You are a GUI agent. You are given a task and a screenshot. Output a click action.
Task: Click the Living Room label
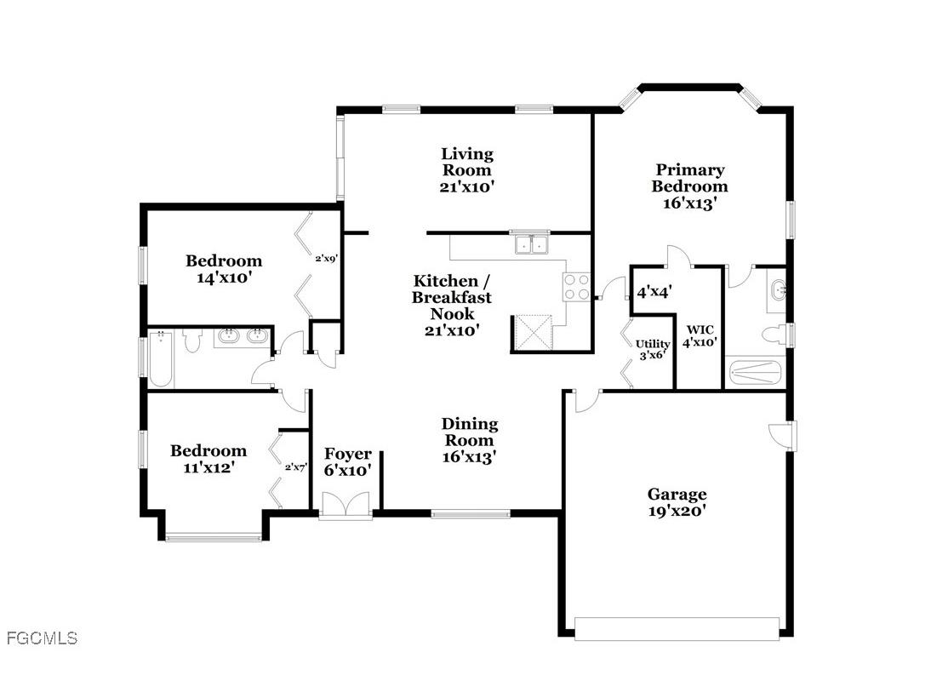coord(466,170)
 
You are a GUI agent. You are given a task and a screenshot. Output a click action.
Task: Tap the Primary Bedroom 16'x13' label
coord(689,186)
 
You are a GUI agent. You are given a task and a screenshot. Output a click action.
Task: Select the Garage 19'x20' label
coord(677,502)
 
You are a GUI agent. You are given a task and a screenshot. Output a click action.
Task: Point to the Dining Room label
coord(469,440)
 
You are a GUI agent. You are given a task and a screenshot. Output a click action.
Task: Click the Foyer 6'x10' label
coord(347,461)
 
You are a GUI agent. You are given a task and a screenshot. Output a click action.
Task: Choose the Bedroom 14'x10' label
coord(224,269)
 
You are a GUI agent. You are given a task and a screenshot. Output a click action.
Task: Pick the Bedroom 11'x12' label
coord(208,459)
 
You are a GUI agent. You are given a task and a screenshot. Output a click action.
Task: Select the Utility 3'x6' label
coord(653,350)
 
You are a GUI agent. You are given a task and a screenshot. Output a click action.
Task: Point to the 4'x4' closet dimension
coord(654,291)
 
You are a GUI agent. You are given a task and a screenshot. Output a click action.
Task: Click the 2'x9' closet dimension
coord(327,259)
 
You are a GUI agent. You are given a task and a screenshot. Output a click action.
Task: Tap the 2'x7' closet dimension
coord(294,467)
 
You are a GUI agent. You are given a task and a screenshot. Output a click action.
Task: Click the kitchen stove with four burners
coord(576,286)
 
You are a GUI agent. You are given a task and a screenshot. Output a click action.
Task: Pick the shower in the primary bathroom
coord(754,372)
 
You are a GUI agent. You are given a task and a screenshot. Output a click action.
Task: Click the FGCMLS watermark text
coord(42,638)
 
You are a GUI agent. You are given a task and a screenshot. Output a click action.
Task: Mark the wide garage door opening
coord(677,628)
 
